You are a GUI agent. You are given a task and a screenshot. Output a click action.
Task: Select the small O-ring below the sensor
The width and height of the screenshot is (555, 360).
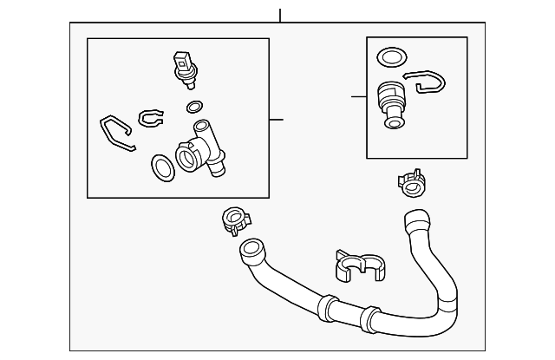[194, 108]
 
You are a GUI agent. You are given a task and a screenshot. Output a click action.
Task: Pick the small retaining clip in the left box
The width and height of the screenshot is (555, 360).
[150, 116]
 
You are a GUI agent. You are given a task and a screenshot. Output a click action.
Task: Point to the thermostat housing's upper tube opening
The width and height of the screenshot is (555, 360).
[201, 127]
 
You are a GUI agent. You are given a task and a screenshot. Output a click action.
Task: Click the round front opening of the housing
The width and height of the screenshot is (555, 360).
[186, 158]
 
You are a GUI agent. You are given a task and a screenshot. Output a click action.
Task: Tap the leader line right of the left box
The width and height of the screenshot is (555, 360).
[276, 119]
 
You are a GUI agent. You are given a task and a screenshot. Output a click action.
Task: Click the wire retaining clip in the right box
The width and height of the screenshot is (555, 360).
[425, 82]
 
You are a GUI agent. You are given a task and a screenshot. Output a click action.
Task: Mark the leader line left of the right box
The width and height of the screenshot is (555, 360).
[359, 96]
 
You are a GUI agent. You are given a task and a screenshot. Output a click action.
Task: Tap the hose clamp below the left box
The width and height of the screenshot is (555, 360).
[233, 220]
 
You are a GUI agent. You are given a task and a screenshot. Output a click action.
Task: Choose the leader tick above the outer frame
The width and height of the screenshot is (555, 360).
[279, 16]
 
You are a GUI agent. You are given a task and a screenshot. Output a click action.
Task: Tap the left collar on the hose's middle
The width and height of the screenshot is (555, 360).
[327, 307]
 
